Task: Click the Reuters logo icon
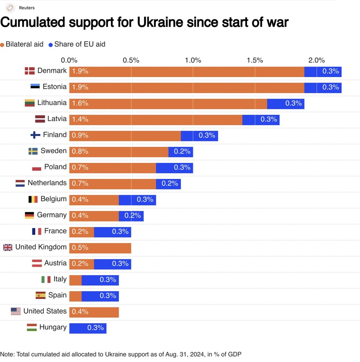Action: click(x=10, y=8)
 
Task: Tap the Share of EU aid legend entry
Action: click(x=77, y=45)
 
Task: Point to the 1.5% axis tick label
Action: click(x=255, y=60)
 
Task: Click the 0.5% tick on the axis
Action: click(x=131, y=60)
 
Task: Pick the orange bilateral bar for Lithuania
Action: click(x=168, y=104)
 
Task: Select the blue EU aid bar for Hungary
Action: click(x=88, y=328)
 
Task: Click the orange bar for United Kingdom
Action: click(x=100, y=248)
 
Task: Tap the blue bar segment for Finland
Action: click(x=199, y=136)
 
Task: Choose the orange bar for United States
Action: click(x=94, y=312)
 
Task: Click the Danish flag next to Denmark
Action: click(x=29, y=71)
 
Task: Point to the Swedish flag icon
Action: click(x=33, y=151)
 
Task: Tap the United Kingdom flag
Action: click(x=8, y=248)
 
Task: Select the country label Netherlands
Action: click(x=47, y=183)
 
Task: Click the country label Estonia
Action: click(x=54, y=87)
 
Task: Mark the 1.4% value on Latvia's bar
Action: click(x=80, y=119)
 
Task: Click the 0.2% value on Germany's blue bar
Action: click(x=132, y=216)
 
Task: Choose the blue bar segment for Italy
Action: click(x=100, y=280)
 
